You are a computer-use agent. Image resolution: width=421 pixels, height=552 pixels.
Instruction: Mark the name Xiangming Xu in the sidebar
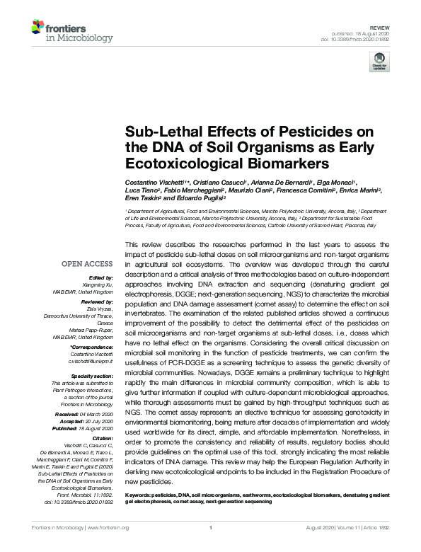coord(98,284)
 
